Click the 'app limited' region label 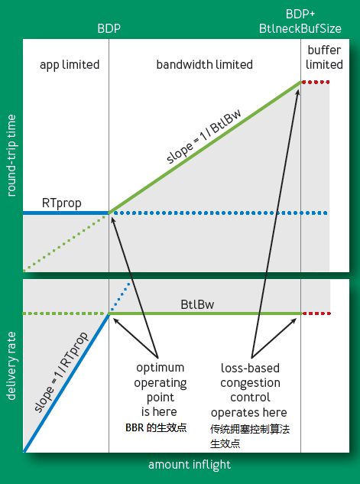coord(70,65)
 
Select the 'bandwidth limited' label coord(205,64)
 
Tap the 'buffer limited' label coord(324,57)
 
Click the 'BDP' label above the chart coord(109,29)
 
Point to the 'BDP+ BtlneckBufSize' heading coord(300,21)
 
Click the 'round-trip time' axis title coord(11,155)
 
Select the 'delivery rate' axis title coord(11,366)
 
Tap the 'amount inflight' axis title coord(190,465)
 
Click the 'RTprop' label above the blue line coord(62,203)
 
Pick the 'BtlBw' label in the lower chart coord(197,304)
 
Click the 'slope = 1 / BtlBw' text coord(203,136)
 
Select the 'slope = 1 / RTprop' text coord(61,372)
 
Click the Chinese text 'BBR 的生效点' coord(156,427)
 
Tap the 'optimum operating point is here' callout coord(160,389)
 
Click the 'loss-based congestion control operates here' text coord(249,390)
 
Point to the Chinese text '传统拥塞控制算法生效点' coord(250,436)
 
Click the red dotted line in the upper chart coord(315,82)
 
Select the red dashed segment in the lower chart coord(316,313)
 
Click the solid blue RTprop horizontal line coord(66,213)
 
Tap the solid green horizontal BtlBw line coord(205,313)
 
